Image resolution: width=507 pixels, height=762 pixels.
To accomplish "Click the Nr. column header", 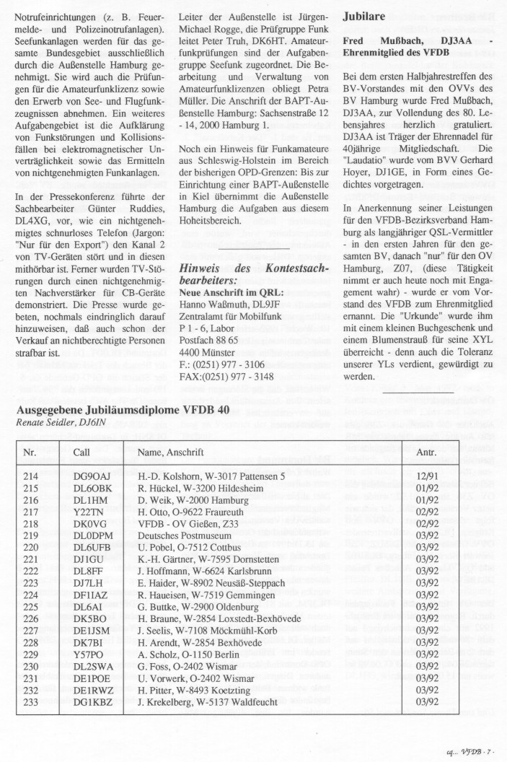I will click(x=30, y=451).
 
